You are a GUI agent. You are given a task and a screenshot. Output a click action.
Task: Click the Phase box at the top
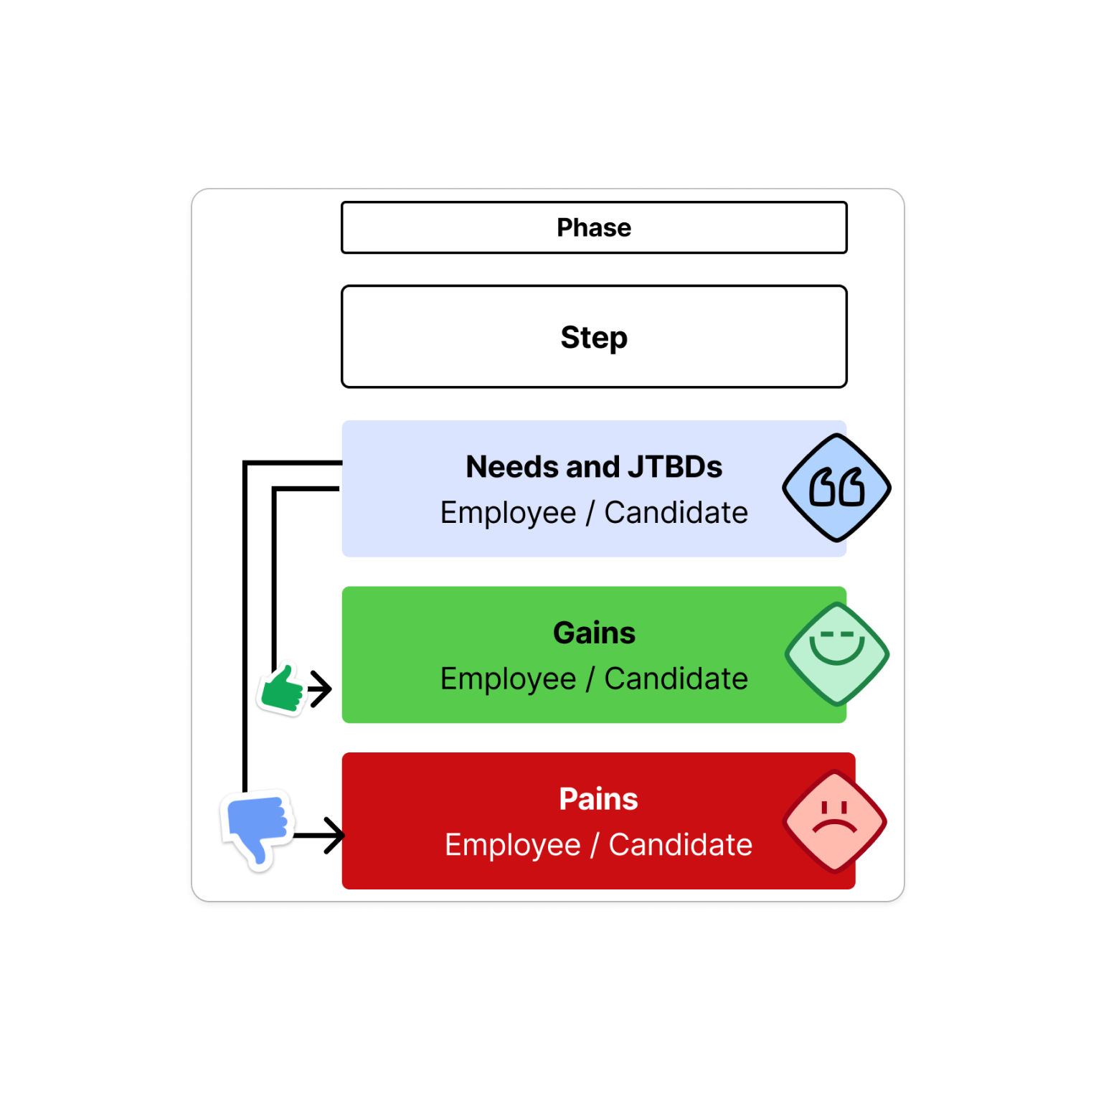point(594,227)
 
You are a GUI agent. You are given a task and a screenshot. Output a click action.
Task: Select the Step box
point(594,336)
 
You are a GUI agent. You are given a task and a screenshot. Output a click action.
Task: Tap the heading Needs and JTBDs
point(594,467)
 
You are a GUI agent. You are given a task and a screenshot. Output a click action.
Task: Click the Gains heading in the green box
point(594,633)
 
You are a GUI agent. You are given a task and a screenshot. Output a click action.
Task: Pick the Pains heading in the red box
point(598,799)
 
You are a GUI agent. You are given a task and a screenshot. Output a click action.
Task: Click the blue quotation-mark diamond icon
point(836,488)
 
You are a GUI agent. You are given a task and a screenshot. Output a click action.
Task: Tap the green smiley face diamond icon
point(837,654)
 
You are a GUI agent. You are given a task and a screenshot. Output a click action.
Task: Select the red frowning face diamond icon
point(835,821)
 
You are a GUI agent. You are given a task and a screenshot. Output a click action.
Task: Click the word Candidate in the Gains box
point(676,679)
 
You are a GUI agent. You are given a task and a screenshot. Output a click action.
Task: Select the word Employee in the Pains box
point(513,845)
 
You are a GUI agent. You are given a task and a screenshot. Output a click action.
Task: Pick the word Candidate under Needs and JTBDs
point(676,513)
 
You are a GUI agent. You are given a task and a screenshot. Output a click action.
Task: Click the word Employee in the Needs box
point(509,513)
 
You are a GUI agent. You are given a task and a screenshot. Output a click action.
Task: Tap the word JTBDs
point(675,467)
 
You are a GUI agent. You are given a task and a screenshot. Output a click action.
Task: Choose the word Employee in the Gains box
point(509,679)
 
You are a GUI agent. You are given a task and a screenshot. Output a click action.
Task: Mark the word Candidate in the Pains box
point(681,845)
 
